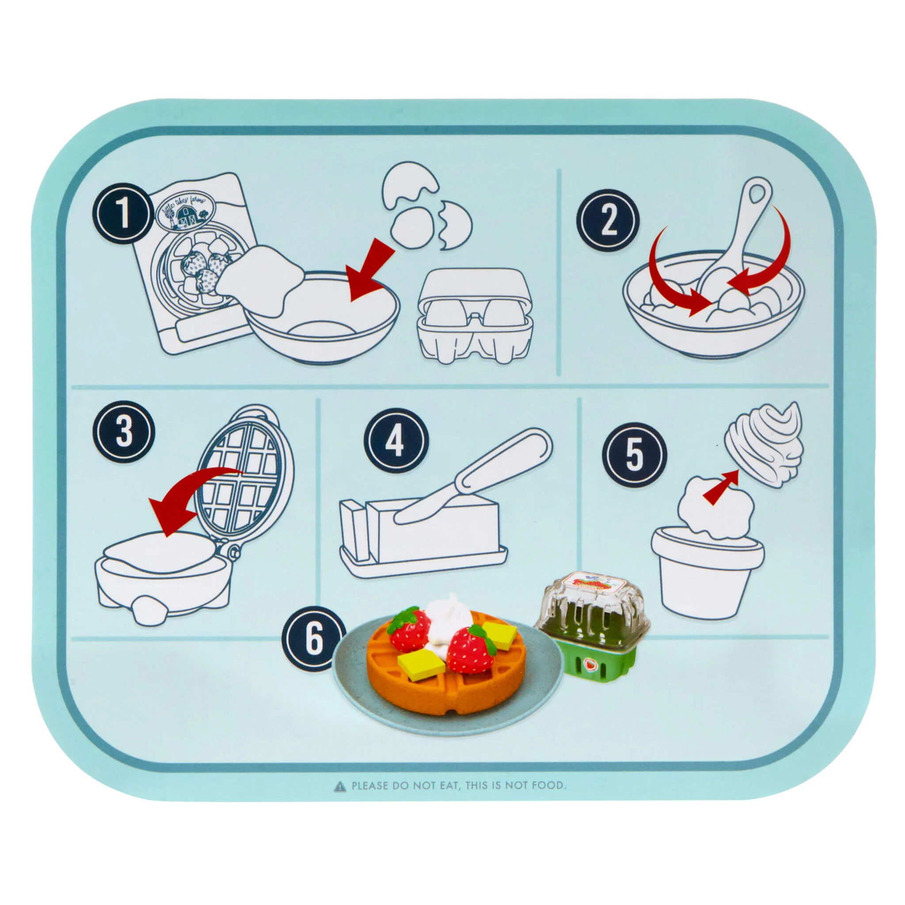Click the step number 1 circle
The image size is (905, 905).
(123, 213)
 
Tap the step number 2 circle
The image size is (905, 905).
(608, 220)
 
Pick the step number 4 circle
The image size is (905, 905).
(396, 440)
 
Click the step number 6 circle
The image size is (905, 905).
(313, 639)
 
